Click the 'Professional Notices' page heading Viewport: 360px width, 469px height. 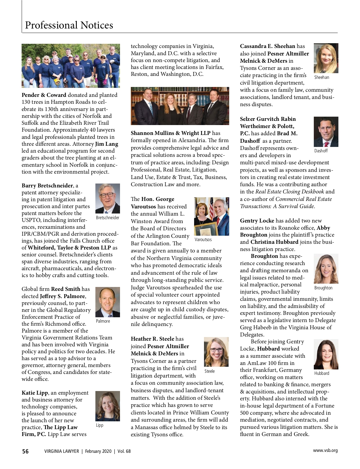click(x=69, y=25)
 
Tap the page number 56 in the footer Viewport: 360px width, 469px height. click(x=25, y=451)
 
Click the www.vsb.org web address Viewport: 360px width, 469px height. click(x=325, y=450)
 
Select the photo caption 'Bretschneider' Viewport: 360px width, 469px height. click(x=107, y=218)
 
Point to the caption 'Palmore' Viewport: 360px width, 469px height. click(x=103, y=321)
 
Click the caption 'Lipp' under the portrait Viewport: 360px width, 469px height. click(x=100, y=425)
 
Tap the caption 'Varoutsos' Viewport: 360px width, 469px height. click(x=203, y=240)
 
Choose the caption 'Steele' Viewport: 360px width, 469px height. click(x=209, y=371)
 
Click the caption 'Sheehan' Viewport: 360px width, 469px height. click(x=322, y=77)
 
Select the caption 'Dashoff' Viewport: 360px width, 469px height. click(x=321, y=151)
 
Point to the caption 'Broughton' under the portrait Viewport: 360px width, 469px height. click(x=323, y=288)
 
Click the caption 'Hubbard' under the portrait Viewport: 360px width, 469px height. click(x=322, y=373)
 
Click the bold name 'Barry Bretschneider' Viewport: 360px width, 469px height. click(x=47, y=186)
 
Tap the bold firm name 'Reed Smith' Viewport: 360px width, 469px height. click(x=65, y=289)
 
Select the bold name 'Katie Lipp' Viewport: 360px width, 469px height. click(x=34, y=393)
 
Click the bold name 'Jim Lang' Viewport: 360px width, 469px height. click(x=106, y=144)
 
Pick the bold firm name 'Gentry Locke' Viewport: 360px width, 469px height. click(x=257, y=221)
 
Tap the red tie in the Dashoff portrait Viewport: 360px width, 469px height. click(x=326, y=144)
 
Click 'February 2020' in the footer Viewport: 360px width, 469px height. click(x=98, y=451)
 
